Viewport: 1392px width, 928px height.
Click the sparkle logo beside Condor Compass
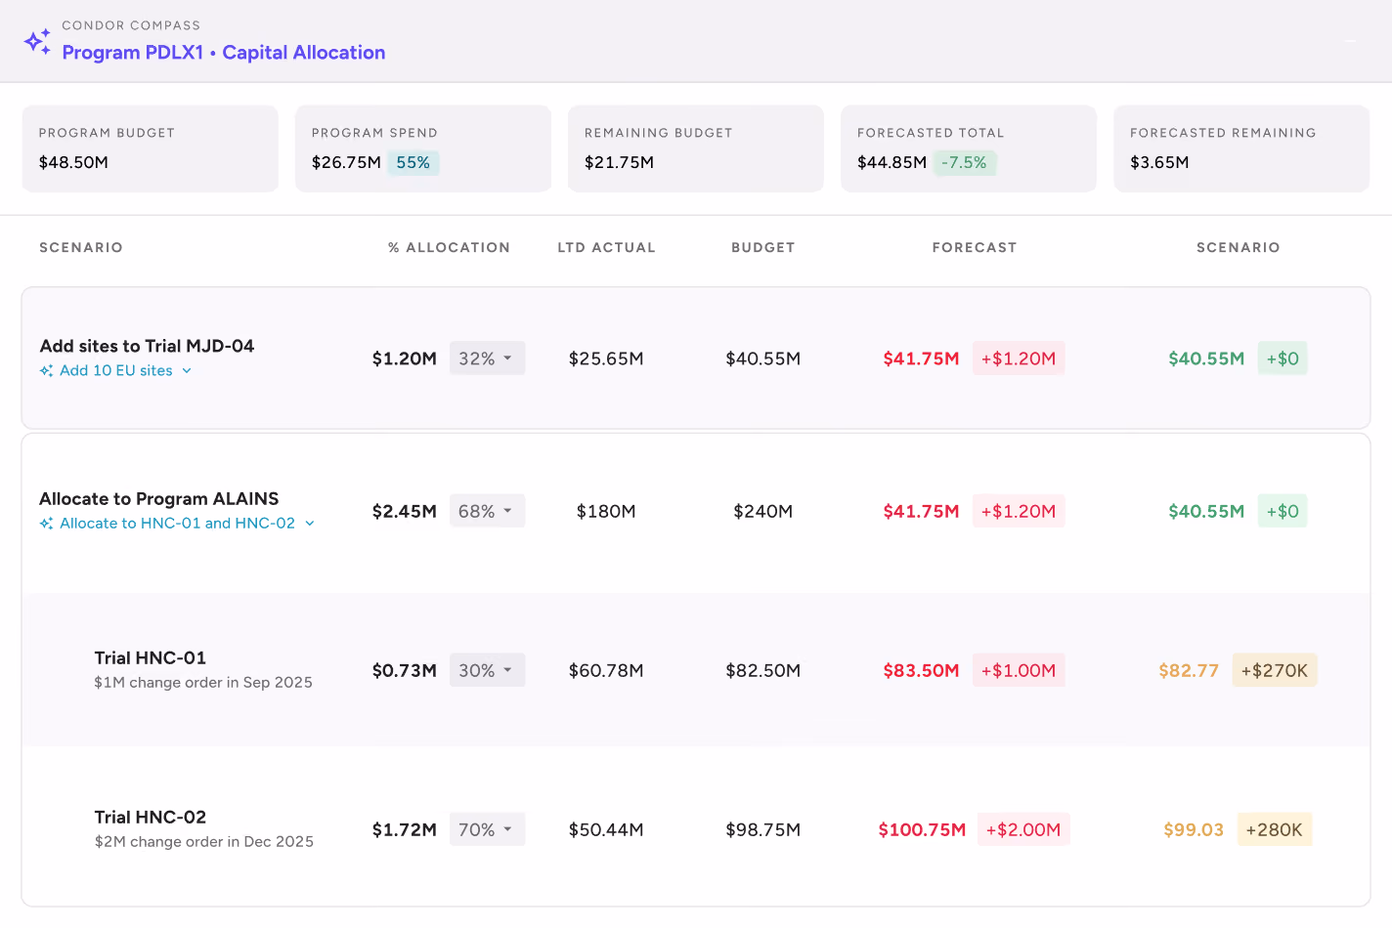(37, 42)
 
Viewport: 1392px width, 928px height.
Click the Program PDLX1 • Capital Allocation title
(224, 52)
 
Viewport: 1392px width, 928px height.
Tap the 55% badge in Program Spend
(413, 162)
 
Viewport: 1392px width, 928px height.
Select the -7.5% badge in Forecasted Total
(964, 162)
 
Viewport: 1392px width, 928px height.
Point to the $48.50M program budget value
(73, 162)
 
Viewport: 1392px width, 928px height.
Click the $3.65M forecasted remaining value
(1159, 162)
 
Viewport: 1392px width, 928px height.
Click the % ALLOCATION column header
(450, 247)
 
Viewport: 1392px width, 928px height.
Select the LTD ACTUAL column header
(606, 247)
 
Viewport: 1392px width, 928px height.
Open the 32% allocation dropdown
(487, 358)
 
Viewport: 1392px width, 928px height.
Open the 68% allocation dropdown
(487, 511)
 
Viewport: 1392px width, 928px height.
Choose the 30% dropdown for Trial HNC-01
(487, 669)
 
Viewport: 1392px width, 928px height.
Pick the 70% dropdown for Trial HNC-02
(487, 828)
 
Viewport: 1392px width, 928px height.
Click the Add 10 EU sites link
(116, 370)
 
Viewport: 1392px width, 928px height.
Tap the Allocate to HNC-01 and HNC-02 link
(178, 523)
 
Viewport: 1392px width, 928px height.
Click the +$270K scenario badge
(1275, 669)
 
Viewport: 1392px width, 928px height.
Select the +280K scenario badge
(1275, 828)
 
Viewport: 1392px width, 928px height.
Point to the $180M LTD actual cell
(606, 511)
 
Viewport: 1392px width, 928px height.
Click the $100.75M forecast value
(922, 829)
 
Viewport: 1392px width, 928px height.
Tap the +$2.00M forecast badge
(1023, 828)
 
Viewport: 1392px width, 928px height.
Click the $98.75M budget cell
(763, 829)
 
